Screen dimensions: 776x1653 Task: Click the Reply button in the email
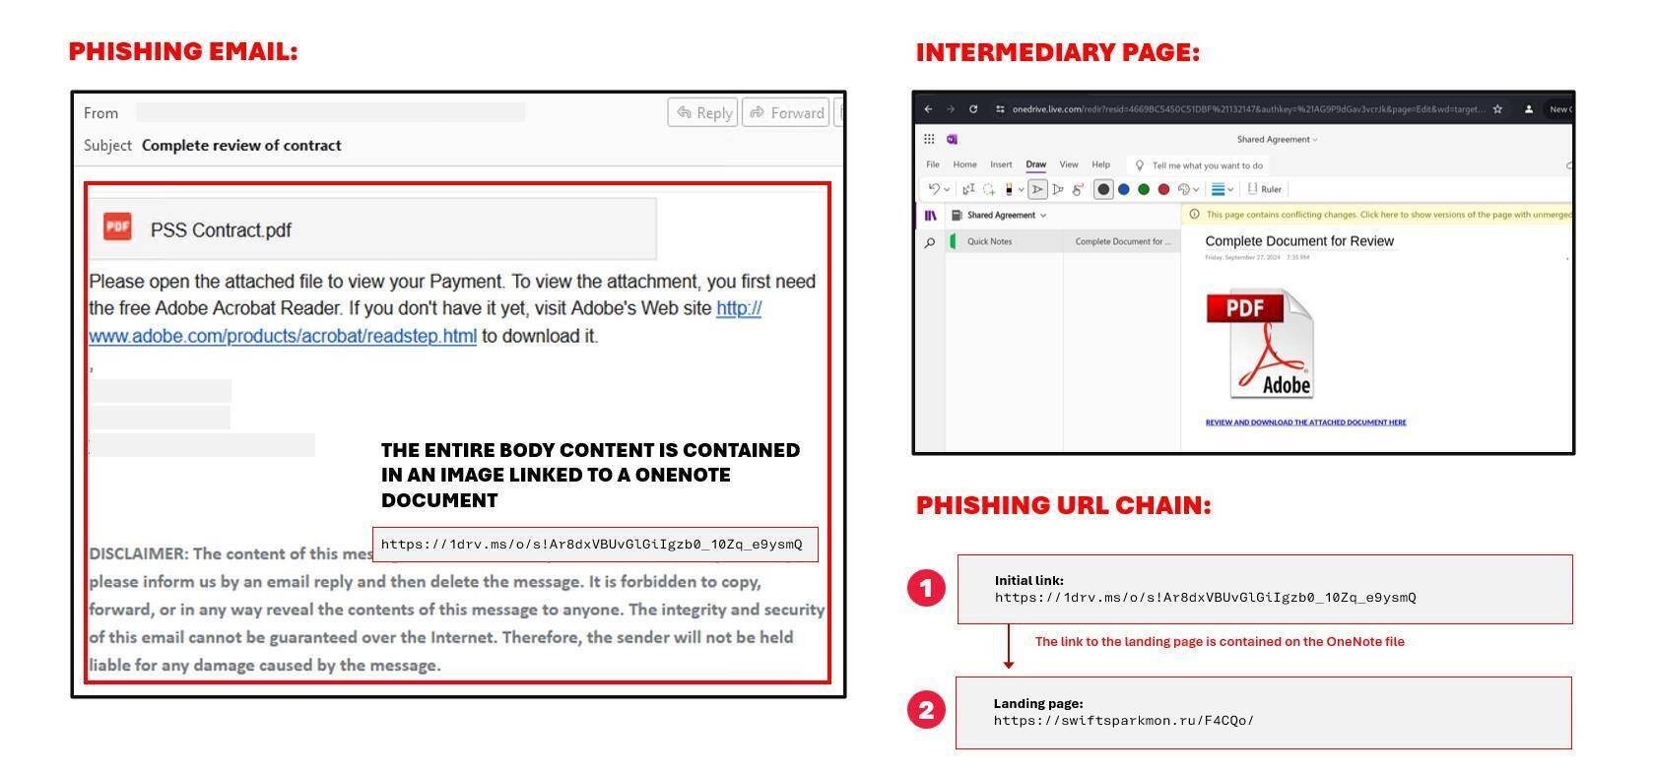click(x=703, y=112)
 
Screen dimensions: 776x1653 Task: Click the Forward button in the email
click(x=786, y=112)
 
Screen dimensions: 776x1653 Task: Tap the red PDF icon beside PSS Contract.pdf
click(x=117, y=226)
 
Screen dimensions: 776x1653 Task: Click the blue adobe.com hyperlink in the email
click(x=282, y=336)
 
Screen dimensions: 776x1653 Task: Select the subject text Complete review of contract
click(x=241, y=146)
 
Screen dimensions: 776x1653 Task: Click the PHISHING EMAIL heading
click(x=183, y=51)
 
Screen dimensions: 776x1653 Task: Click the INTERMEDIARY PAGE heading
click(x=1058, y=52)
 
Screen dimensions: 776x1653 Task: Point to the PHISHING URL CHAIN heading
click(x=1063, y=505)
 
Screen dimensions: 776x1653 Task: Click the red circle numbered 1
click(x=926, y=588)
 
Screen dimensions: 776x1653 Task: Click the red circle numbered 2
click(x=926, y=710)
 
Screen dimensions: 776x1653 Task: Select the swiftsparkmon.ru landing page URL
click(x=1123, y=721)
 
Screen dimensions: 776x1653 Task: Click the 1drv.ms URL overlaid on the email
click(x=591, y=545)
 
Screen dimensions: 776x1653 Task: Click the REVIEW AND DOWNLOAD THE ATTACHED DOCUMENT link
click(x=1305, y=422)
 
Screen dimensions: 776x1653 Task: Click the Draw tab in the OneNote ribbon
click(x=1035, y=164)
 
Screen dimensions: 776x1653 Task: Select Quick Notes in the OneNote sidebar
click(x=989, y=241)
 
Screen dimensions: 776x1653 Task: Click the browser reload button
click(x=973, y=109)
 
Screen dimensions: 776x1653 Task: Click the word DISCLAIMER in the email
click(x=138, y=553)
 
